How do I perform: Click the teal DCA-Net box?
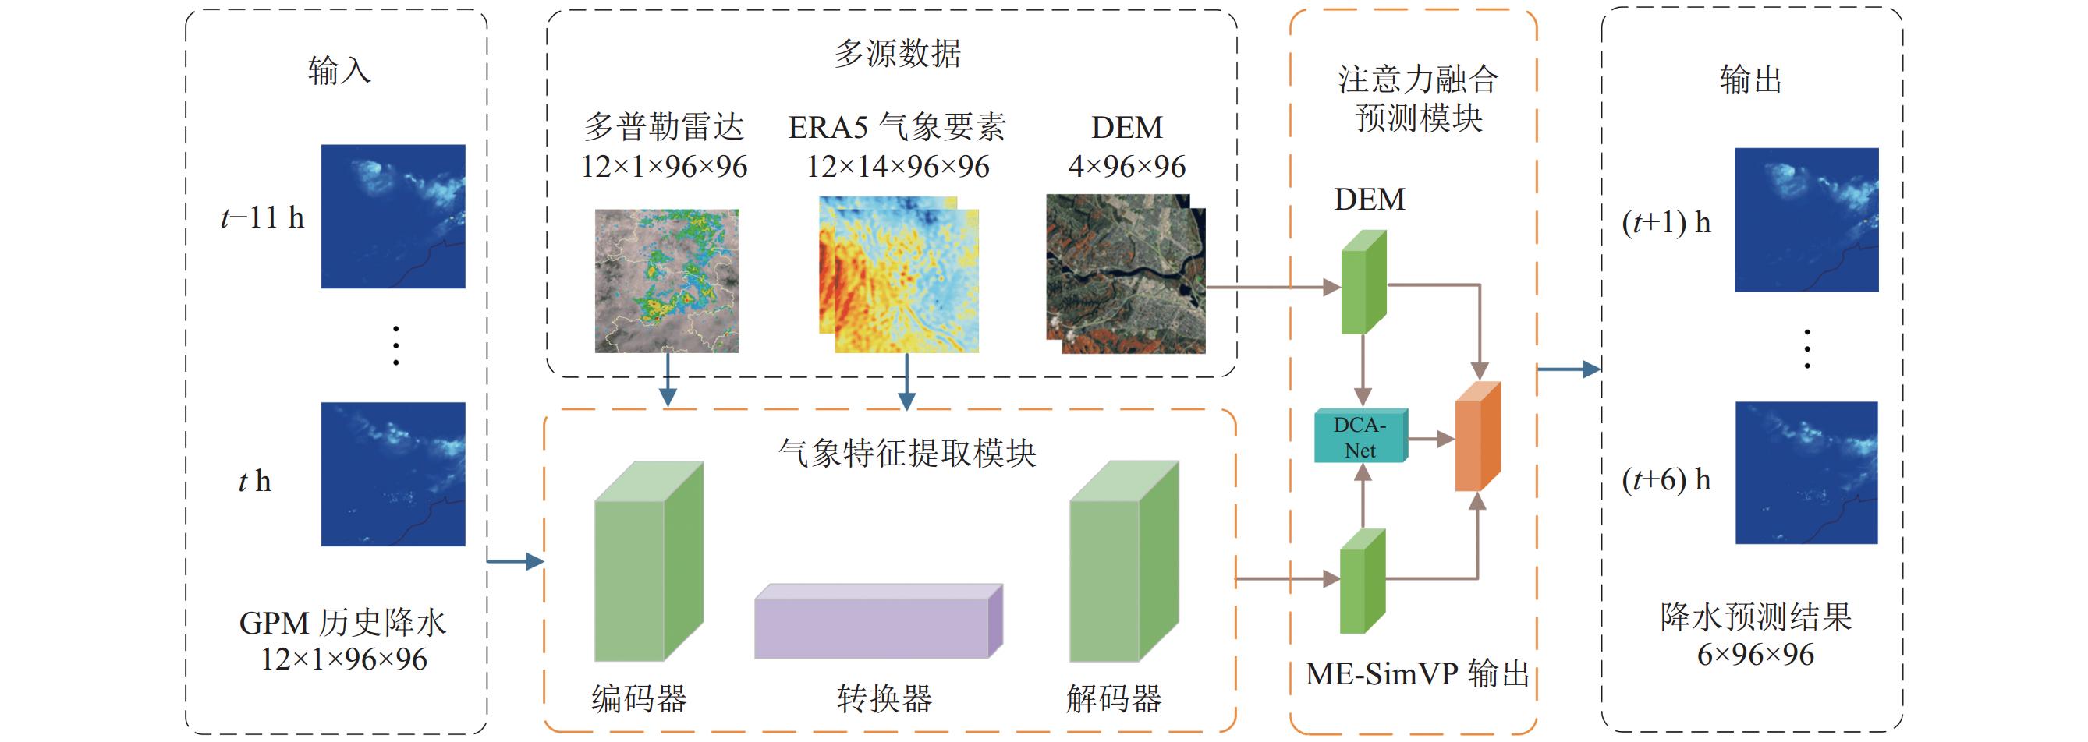[1361, 436]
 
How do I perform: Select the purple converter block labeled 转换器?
[879, 621]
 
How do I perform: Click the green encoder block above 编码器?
[648, 561]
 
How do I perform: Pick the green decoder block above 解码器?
[1123, 561]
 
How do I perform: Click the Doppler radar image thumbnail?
[666, 281]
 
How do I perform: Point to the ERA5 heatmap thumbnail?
[899, 274]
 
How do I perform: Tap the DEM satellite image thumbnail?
[1126, 274]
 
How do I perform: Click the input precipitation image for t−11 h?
[393, 216]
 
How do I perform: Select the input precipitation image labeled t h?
[393, 474]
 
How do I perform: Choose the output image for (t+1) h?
[1806, 220]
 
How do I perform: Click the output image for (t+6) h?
[1806, 472]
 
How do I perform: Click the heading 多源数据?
[897, 54]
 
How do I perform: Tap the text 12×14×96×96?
[897, 167]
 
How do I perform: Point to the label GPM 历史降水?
[343, 622]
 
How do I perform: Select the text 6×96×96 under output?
[1756, 655]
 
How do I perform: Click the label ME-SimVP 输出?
[1418, 674]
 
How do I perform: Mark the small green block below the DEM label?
[1363, 282]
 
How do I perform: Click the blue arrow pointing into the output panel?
[1569, 369]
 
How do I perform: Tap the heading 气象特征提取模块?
[907, 453]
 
